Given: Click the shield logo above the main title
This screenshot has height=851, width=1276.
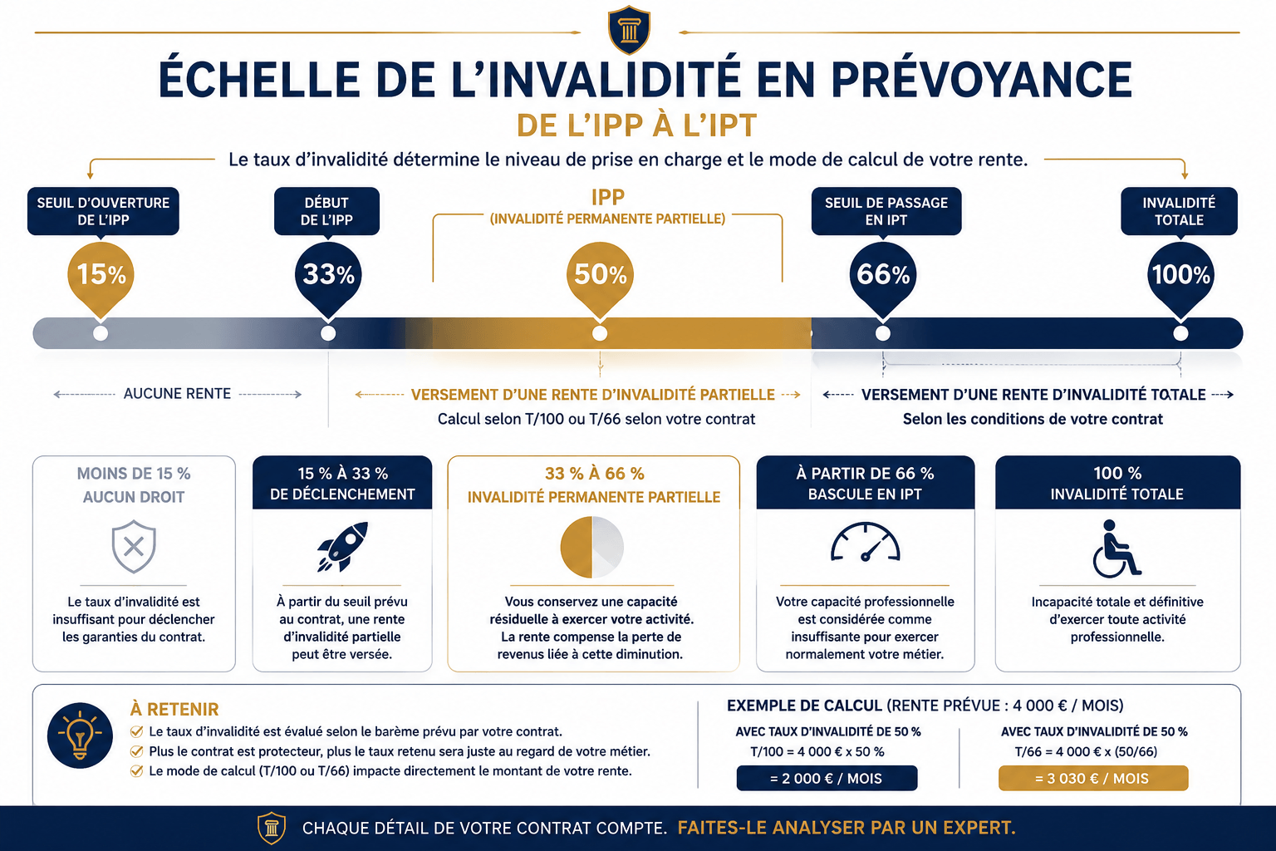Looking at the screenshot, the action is pyautogui.click(x=629, y=30).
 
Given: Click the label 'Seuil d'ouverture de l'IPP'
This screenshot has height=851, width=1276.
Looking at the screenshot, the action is pyautogui.click(x=103, y=211).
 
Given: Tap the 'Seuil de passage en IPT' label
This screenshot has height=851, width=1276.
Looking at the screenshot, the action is pyautogui.click(x=886, y=211).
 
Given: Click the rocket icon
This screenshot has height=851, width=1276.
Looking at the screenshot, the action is pyautogui.click(x=342, y=546).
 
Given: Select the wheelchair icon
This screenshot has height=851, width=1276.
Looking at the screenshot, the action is pyautogui.click(x=1116, y=548).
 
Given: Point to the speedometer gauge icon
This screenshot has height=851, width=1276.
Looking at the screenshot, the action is pyautogui.click(x=865, y=543).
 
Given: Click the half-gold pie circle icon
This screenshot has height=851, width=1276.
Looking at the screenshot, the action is pyautogui.click(x=591, y=547).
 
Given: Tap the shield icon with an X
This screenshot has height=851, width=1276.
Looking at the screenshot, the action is pyautogui.click(x=134, y=546).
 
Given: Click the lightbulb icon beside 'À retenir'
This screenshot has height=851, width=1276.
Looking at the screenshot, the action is pyautogui.click(x=80, y=735).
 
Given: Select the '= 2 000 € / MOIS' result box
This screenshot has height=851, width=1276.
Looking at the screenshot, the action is pyautogui.click(x=827, y=778).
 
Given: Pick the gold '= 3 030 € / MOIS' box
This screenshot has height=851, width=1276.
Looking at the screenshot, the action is pyautogui.click(x=1093, y=778).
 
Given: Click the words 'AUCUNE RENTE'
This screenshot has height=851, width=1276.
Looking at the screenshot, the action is pyautogui.click(x=177, y=394).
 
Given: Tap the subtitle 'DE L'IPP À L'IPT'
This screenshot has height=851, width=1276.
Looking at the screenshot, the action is pyautogui.click(x=637, y=125).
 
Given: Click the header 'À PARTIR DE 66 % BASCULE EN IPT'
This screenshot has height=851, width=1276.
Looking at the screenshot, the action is pyautogui.click(x=866, y=484).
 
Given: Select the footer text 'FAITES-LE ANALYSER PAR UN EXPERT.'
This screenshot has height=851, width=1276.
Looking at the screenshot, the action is pyautogui.click(x=847, y=828).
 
